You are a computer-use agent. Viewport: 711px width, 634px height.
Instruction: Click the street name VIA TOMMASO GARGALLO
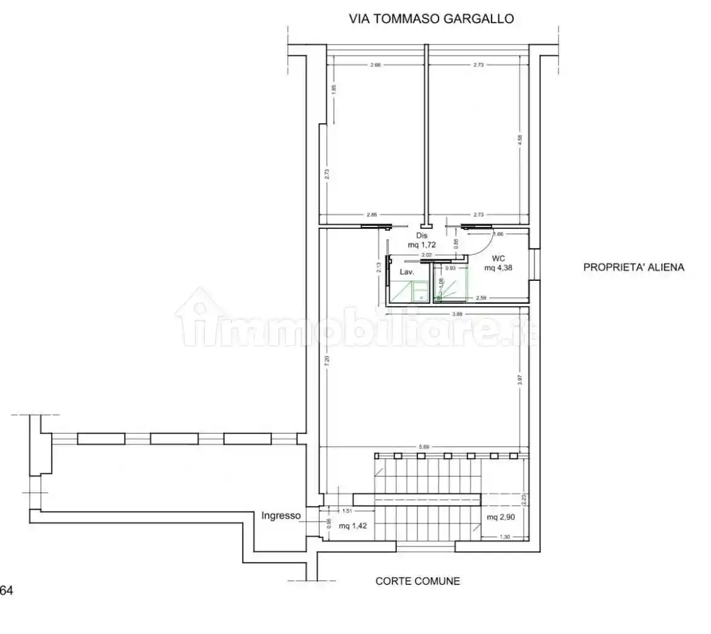[x=431, y=19]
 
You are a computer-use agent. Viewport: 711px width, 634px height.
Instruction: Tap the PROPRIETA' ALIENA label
[x=633, y=267]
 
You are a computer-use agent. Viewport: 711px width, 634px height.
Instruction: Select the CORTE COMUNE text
[x=417, y=581]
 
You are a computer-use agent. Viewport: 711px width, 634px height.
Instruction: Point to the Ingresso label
[x=281, y=515]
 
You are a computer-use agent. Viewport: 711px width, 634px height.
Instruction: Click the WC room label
[x=498, y=258]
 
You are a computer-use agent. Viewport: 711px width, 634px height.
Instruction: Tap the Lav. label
[x=407, y=272]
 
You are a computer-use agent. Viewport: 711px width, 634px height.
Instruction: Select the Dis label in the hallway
[x=422, y=235]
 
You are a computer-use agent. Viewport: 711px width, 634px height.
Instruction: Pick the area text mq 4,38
[x=498, y=267]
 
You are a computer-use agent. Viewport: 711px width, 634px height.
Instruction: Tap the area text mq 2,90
[x=501, y=517]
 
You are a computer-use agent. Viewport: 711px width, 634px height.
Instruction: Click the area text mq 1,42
[x=353, y=525]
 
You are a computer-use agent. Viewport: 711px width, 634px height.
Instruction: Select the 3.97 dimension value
[x=520, y=380]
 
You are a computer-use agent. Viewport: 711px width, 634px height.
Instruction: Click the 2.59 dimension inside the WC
[x=481, y=298]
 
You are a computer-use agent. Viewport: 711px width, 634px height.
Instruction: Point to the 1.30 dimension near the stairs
[x=504, y=537]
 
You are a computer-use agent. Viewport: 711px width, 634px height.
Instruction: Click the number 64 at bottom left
[x=7, y=591]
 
